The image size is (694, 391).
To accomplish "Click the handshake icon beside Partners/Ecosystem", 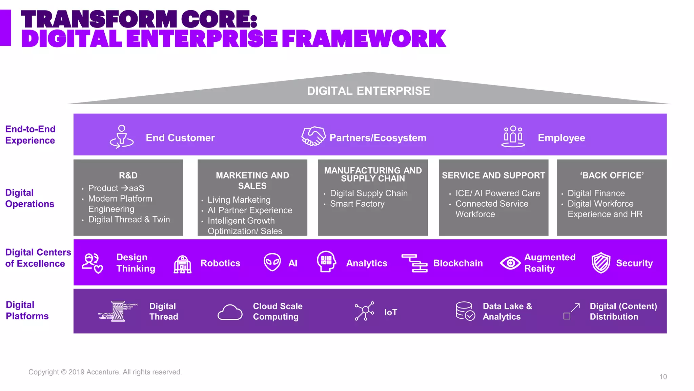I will (x=313, y=136).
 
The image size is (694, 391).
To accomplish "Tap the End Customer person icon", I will (x=121, y=137).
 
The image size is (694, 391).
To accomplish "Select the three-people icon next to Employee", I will (x=513, y=136).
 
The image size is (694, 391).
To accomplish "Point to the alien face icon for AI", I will (x=272, y=262).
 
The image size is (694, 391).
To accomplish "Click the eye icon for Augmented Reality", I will (x=510, y=263).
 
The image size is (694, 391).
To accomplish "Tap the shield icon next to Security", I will (x=600, y=263).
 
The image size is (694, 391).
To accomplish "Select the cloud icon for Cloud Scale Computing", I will (x=230, y=312).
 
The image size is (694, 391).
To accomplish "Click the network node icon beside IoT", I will (x=364, y=311).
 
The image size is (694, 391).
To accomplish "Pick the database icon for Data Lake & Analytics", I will (x=465, y=311).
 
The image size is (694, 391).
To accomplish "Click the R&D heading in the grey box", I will (x=128, y=175).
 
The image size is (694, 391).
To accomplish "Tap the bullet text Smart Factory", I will (x=357, y=204).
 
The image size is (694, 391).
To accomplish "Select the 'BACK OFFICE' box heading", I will (x=612, y=175).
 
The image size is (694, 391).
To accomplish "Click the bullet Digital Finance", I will (x=596, y=193).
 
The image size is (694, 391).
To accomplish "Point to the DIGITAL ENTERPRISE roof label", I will (x=368, y=91).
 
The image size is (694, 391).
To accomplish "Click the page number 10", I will (x=663, y=377).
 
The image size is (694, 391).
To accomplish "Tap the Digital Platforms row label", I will (x=27, y=310).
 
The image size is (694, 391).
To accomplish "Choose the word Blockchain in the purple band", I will (x=458, y=263).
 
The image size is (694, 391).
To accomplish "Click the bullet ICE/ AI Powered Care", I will (x=497, y=193).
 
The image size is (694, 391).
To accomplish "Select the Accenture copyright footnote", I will (x=105, y=372).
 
